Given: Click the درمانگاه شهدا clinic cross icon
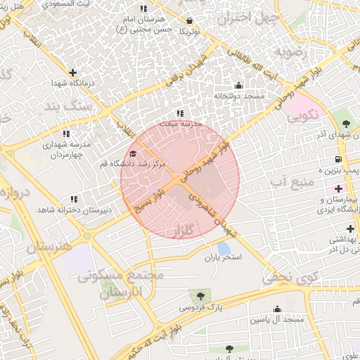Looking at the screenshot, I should (x=73, y=72).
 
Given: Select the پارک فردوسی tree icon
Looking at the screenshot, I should (x=201, y=296).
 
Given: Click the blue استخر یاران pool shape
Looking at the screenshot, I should (x=224, y=248).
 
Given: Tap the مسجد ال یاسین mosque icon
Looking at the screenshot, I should (x=277, y=309).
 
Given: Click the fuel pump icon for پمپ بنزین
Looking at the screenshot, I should (x=339, y=158).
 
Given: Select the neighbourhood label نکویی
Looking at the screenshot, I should (x=302, y=113).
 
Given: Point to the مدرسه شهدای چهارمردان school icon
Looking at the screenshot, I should (x=66, y=133).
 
